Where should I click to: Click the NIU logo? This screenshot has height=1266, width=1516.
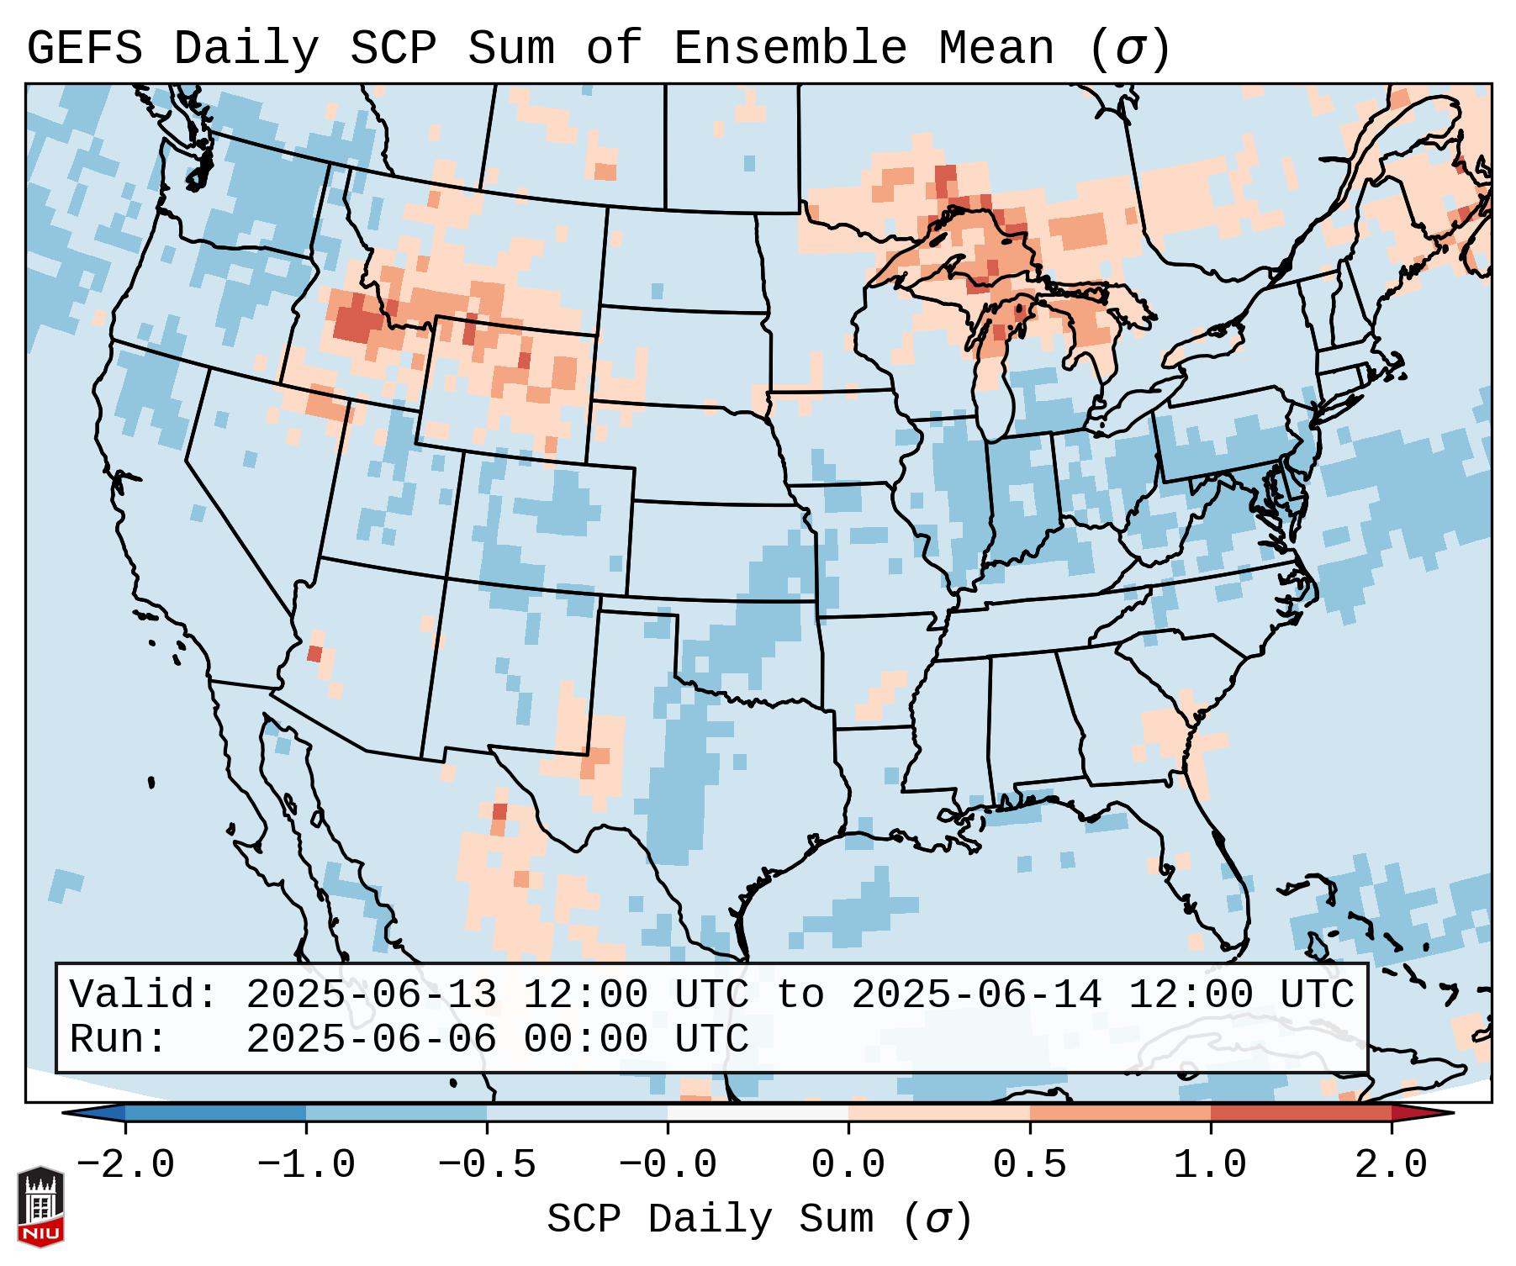pos(40,1206)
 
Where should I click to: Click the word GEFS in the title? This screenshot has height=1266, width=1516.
pos(85,49)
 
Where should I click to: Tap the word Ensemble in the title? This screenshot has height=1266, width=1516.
pos(790,49)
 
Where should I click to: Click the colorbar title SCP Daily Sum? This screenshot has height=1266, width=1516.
pos(710,1219)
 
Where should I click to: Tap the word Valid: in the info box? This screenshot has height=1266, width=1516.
pos(144,995)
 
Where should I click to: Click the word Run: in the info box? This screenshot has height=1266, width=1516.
pos(119,1040)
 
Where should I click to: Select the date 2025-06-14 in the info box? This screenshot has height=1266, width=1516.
pos(976,995)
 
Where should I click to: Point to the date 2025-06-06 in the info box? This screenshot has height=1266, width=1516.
pos(371,1040)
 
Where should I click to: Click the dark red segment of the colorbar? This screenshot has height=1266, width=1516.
pos(1300,1113)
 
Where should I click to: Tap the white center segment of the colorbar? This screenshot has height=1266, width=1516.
pos(758,1113)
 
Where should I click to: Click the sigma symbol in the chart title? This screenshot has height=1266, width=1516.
pos(1129,49)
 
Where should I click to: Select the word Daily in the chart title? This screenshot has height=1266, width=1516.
pos(246,49)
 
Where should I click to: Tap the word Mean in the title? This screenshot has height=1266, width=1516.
pos(996,49)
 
